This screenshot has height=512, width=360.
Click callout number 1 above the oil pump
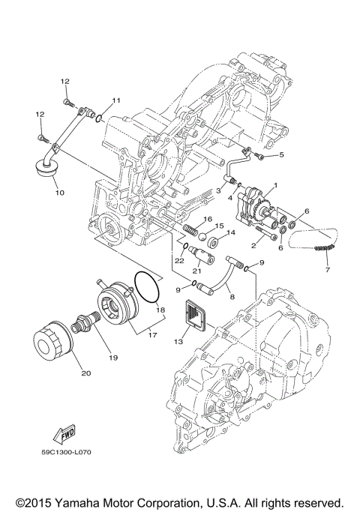click(x=275, y=185)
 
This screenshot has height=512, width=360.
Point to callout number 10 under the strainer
click(x=59, y=192)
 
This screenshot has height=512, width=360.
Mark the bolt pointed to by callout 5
click(x=259, y=156)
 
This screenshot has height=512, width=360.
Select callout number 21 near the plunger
click(x=197, y=271)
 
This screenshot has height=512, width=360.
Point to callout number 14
click(x=231, y=232)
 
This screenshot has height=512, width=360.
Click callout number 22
click(x=179, y=260)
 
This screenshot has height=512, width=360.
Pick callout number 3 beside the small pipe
click(x=218, y=192)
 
